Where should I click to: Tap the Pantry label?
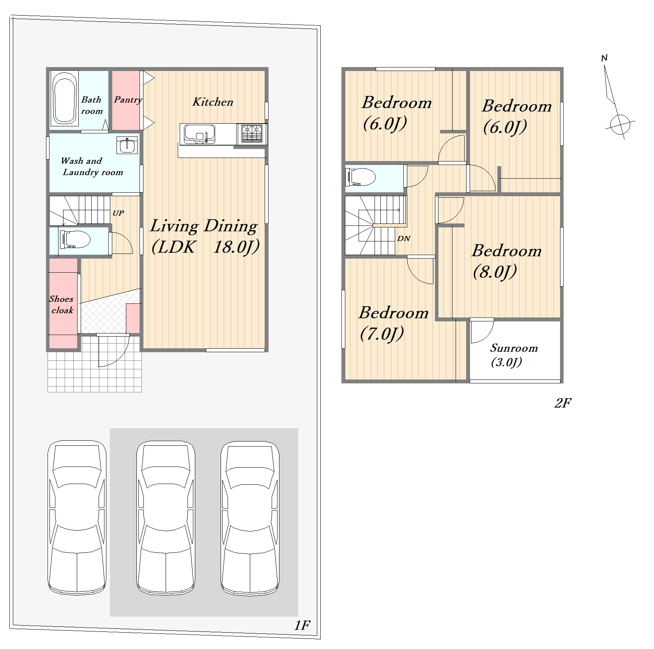(x=128, y=100)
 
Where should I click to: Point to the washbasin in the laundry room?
(x=127, y=145)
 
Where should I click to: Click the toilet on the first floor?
(x=74, y=238)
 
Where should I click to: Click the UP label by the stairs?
(x=118, y=213)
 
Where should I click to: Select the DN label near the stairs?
(x=404, y=238)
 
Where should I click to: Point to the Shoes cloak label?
(x=62, y=305)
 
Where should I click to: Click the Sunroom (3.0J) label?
(x=514, y=355)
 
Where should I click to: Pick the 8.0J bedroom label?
(x=506, y=261)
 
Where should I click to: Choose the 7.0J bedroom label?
(x=393, y=323)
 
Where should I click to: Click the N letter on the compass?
(x=605, y=59)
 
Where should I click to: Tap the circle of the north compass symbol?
(x=620, y=124)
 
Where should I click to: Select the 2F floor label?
(x=562, y=403)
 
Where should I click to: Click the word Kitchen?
(x=213, y=102)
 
